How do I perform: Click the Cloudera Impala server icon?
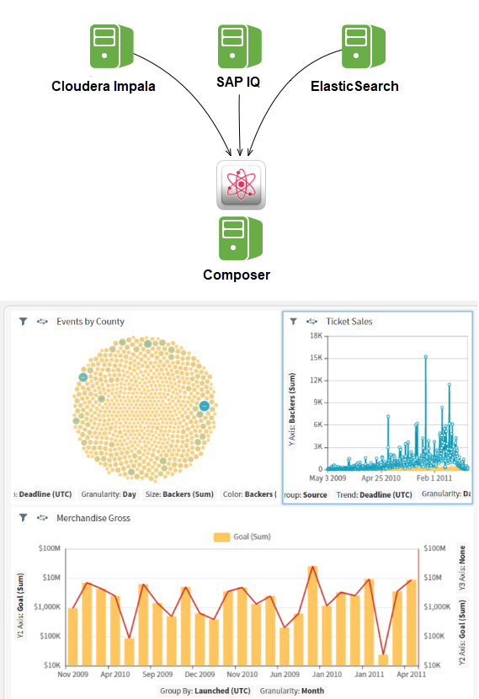click(x=109, y=46)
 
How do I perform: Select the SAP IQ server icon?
click(x=238, y=46)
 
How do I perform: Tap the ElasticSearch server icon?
click(x=362, y=46)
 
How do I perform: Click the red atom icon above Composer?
click(x=241, y=184)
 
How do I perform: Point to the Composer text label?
click(x=237, y=275)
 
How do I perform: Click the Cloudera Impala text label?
click(x=104, y=86)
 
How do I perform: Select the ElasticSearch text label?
click(x=354, y=86)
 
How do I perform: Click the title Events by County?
click(x=90, y=322)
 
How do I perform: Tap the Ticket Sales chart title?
click(x=349, y=322)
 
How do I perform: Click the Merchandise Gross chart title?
click(x=93, y=518)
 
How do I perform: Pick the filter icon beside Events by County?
click(x=24, y=322)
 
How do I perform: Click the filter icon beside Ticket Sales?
click(x=293, y=322)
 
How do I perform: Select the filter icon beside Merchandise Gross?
click(x=24, y=518)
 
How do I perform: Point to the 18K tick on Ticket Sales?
click(x=317, y=335)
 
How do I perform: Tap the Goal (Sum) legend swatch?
click(x=222, y=536)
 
